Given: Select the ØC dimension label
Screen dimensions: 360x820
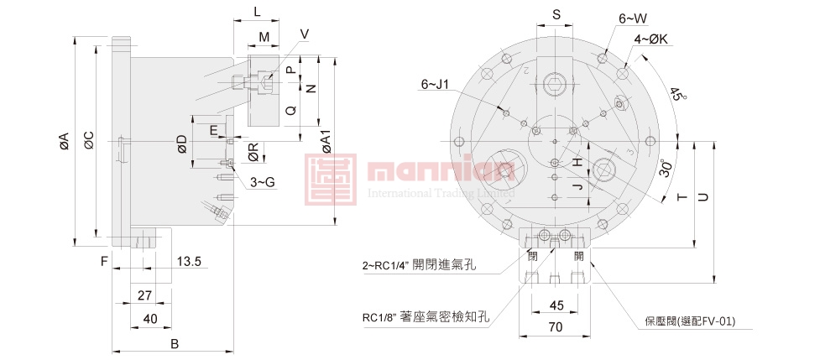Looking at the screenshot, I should pos(89,142).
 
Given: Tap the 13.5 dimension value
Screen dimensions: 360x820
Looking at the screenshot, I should pos(189,262).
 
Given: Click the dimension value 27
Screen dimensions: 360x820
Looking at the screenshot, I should pos(144,295).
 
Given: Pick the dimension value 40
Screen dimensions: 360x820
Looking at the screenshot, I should pos(150,318).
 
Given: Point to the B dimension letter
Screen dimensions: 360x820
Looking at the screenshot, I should pos(175,344).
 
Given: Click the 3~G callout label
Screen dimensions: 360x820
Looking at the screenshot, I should pos(264,181).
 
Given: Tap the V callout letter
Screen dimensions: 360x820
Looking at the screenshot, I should pos(304,34).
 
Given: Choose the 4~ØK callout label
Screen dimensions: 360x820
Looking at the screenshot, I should pos(650,39).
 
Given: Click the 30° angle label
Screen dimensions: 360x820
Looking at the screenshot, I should pos(666,169).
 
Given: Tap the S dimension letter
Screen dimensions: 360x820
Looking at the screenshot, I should pos(556,14).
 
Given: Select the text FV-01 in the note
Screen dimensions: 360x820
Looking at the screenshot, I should pos(718,320).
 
